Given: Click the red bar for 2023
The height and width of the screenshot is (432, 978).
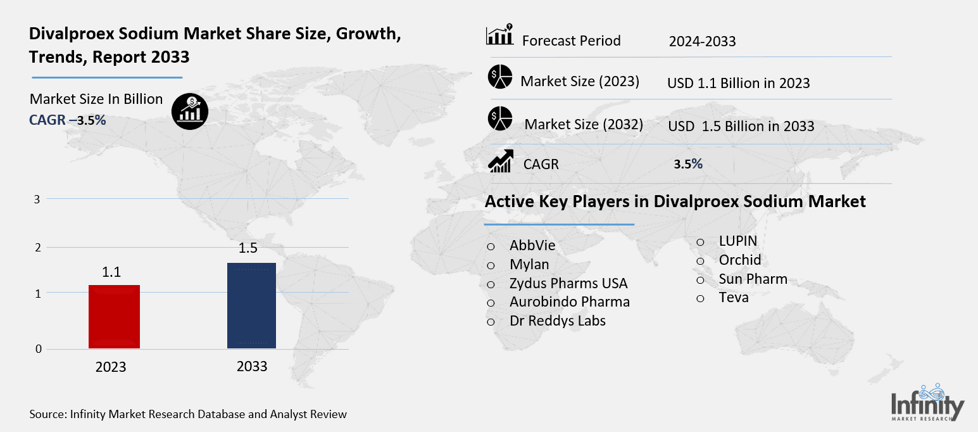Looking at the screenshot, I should click(114, 316).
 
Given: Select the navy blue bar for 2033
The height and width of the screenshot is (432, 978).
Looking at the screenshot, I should click(251, 305).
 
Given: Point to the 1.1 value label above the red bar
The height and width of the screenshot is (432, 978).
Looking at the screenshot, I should click(111, 272).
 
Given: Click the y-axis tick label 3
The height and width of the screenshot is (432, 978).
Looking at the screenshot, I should click(37, 199).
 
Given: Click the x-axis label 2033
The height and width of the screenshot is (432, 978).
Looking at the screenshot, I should click(251, 366).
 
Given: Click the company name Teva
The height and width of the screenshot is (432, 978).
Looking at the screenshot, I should click(733, 297).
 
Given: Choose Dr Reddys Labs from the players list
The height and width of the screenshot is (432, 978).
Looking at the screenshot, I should click(557, 321).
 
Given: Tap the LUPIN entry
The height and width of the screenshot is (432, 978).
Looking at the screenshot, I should click(737, 241).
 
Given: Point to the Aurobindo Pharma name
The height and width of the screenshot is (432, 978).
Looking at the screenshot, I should click(569, 302).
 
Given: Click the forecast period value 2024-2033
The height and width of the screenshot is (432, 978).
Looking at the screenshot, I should click(702, 42).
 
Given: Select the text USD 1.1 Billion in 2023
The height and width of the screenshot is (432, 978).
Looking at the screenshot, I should click(738, 83).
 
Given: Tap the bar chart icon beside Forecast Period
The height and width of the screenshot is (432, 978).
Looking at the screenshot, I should click(499, 36).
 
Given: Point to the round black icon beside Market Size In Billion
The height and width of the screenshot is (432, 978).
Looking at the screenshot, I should click(189, 113).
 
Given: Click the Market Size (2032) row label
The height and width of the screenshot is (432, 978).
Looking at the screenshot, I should click(583, 124).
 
